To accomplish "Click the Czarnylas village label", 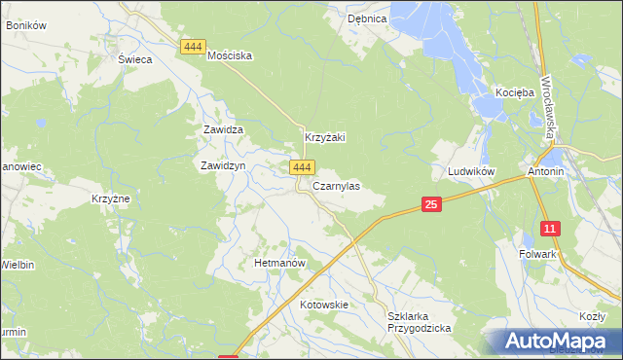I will point(336,186).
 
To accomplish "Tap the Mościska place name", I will point(230,56).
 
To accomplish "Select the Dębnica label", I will point(367,18).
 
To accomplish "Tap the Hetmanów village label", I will point(280,264).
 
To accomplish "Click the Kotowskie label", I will point(324,305).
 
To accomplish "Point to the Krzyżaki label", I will point(326,138).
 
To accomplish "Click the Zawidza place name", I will point(222,129).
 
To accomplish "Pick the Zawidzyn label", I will point(223,165).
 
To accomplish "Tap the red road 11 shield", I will point(551,229).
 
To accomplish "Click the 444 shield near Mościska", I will point(193,47).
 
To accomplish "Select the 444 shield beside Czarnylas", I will point(302,168).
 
